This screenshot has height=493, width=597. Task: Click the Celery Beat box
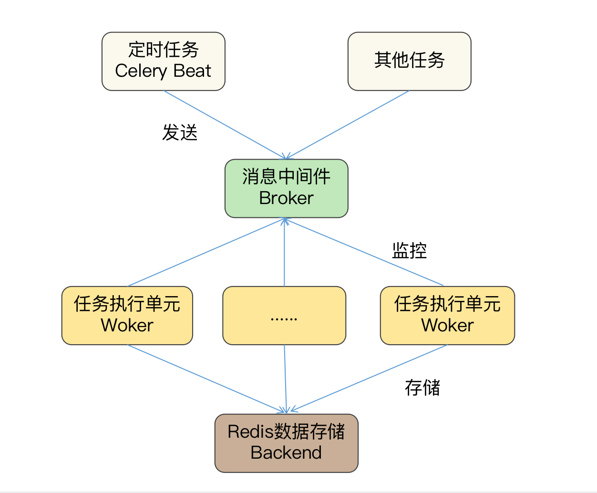(x=163, y=61)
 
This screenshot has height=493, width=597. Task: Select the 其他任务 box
(x=409, y=61)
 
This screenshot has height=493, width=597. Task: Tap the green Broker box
(x=286, y=188)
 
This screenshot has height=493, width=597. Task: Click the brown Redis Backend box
(x=286, y=443)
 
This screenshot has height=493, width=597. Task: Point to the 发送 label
(x=180, y=133)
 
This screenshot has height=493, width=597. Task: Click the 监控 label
(x=409, y=250)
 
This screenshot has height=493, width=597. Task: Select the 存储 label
(x=422, y=388)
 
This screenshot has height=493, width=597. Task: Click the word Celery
(x=141, y=71)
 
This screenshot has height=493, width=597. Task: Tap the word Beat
(x=192, y=71)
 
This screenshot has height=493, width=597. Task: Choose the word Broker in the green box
(x=286, y=198)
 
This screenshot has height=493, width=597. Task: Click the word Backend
(x=286, y=452)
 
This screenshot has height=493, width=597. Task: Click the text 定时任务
(x=163, y=50)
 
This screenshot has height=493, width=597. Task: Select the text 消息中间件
(x=286, y=176)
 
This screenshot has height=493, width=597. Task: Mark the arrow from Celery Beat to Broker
(x=224, y=124)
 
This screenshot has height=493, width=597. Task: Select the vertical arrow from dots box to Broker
(x=284, y=253)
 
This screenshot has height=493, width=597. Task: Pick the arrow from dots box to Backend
(x=285, y=379)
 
